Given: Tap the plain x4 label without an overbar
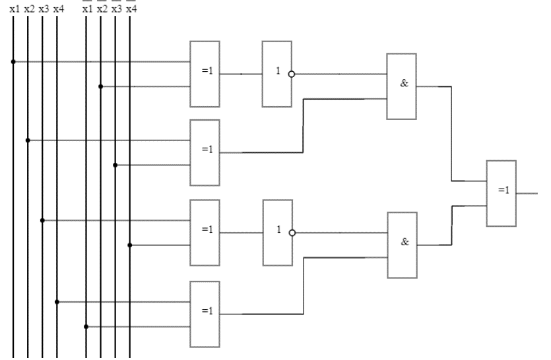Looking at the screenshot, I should coord(59,9).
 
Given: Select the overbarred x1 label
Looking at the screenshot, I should coord(88,9).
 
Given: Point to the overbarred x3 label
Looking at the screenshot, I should coord(117,9).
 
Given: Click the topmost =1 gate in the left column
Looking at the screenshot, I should coord(205,74).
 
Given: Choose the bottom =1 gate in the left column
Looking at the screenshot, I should coord(205,314).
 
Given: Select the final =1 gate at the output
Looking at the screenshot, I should coord(502,193).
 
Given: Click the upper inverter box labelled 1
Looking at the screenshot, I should coord(276,74).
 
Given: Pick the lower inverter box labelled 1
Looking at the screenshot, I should coord(276,232).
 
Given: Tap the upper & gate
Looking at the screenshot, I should coord(401,86).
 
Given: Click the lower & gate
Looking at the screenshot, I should coord(402,245).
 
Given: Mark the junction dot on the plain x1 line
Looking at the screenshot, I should coord(13,62).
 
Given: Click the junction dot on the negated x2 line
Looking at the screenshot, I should coord(100,86).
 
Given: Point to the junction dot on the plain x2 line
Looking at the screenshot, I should coord(28,140).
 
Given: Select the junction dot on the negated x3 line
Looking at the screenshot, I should coord(115,165).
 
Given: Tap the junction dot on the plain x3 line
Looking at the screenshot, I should coord(42,220).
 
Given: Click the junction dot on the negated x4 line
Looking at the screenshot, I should coord(129,245).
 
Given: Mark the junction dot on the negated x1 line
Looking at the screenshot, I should coord(86,326).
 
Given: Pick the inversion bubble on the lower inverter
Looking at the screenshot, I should coord(292,232).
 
